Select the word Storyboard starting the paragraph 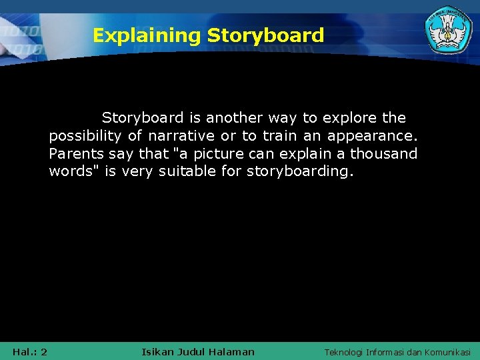tap(143, 118)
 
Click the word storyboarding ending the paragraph tap(301, 172)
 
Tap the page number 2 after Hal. tap(43, 352)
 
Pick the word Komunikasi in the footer tap(447, 352)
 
